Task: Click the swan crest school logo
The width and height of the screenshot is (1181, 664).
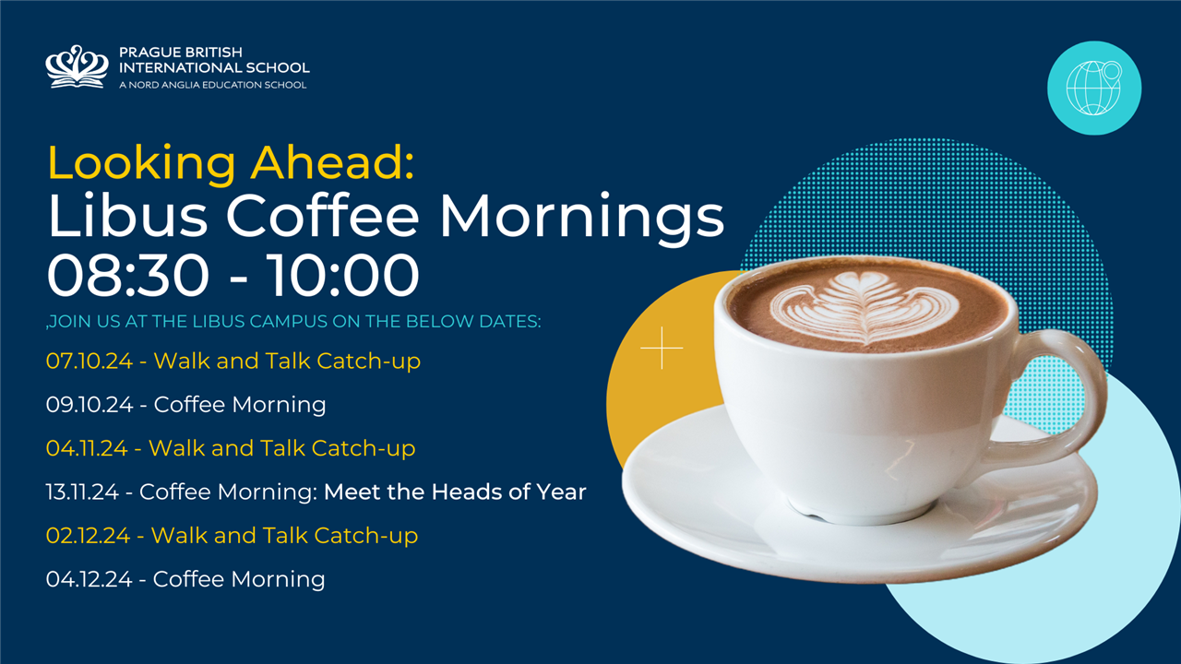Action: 77,67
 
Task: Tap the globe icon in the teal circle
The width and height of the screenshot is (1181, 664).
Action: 1093,88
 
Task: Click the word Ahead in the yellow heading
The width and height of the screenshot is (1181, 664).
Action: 333,163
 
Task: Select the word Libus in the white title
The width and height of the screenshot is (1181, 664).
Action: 127,216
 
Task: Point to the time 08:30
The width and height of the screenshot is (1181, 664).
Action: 128,275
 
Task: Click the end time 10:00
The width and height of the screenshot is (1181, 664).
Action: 343,275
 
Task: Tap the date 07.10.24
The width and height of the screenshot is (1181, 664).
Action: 89,361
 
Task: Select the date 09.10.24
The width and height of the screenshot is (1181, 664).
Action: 89,405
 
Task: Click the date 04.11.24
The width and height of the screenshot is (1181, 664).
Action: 87,448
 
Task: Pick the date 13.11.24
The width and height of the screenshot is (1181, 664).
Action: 82,492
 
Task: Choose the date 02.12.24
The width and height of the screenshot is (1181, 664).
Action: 88,536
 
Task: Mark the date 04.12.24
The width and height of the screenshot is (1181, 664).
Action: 89,579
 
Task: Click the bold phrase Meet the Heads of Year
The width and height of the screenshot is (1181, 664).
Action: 455,492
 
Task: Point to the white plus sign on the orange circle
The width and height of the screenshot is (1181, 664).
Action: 662,348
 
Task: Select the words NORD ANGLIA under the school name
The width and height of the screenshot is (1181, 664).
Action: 169,85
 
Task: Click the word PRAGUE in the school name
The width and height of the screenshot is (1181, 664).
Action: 147,53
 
